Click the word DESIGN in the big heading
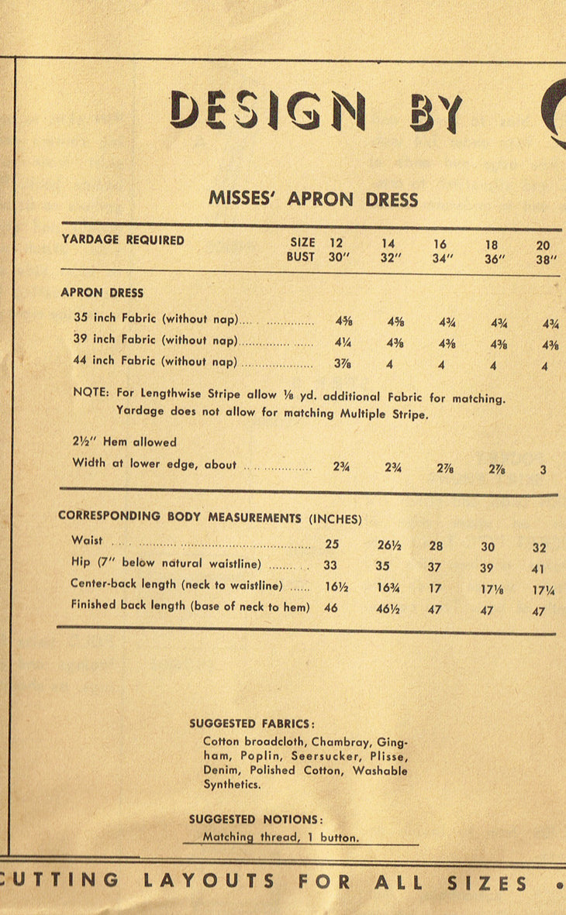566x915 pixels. click(267, 112)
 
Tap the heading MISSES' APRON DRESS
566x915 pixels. click(313, 198)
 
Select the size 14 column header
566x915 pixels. click(388, 243)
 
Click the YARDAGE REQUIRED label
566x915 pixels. click(123, 240)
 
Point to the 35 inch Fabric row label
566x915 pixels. click(155, 318)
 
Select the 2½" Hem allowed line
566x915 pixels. click(124, 442)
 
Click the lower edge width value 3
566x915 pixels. click(544, 470)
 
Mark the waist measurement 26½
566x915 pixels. click(388, 546)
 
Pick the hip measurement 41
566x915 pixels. click(539, 569)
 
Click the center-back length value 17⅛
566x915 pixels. click(489, 590)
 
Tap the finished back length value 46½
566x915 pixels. click(388, 611)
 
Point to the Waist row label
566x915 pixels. click(86, 541)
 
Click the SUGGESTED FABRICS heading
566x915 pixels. click(252, 724)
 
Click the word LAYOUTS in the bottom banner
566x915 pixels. click(209, 882)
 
